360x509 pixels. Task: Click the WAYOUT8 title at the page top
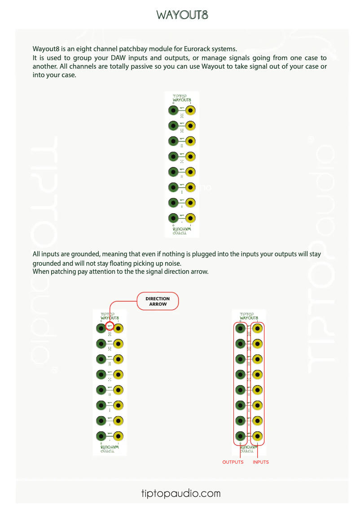click(182, 15)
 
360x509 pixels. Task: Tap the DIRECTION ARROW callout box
click(158, 301)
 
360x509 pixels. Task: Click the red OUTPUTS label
click(233, 462)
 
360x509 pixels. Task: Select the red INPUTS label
click(261, 462)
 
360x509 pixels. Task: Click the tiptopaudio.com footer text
click(181, 493)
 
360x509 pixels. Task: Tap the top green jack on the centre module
click(173, 110)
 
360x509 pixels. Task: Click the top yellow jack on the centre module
click(191, 110)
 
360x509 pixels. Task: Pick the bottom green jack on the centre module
click(173, 218)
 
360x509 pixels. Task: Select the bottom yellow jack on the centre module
click(191, 218)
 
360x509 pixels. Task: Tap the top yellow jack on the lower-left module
click(118, 328)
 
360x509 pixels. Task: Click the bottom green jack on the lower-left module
click(101, 436)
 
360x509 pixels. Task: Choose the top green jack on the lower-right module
click(240, 328)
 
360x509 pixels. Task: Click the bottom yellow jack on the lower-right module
click(258, 436)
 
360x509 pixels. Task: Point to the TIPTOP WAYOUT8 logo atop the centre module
click(182, 98)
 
